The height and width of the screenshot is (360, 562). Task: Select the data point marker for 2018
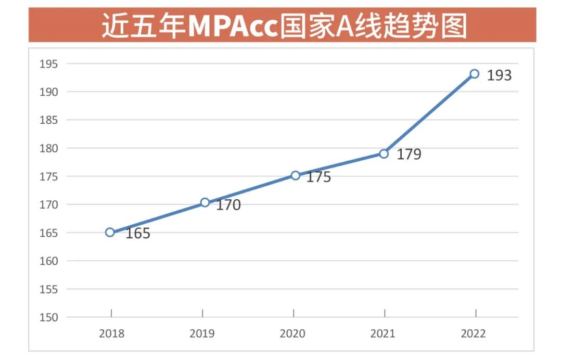pyautogui.click(x=110, y=232)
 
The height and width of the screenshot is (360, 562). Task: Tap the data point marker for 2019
pyautogui.click(x=205, y=202)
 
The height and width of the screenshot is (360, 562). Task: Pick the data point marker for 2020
pyautogui.click(x=296, y=175)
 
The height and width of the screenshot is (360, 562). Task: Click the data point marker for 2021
pyautogui.click(x=384, y=153)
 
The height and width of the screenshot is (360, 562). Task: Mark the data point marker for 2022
pyautogui.click(x=475, y=74)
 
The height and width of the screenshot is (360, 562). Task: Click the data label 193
pyautogui.click(x=499, y=76)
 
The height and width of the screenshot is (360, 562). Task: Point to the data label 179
pyautogui.click(x=409, y=155)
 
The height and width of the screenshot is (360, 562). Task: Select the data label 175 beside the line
pyautogui.click(x=318, y=177)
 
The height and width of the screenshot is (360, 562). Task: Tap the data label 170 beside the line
pyautogui.click(x=228, y=205)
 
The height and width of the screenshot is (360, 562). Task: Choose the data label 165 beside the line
pyautogui.click(x=138, y=234)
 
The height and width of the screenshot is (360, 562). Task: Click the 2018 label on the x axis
pyautogui.click(x=111, y=333)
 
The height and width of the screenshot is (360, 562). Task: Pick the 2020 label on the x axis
pyautogui.click(x=292, y=333)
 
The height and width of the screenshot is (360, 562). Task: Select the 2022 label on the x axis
pyautogui.click(x=474, y=333)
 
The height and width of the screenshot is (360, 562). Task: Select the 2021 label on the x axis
pyautogui.click(x=383, y=333)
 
